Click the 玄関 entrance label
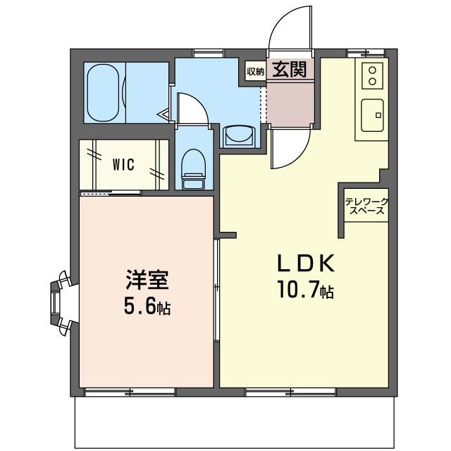[289, 70]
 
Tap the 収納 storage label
[255, 70]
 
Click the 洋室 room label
[147, 280]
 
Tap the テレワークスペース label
[366, 206]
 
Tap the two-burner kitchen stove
[373, 76]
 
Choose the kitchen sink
[374, 114]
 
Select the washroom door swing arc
[190, 109]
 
